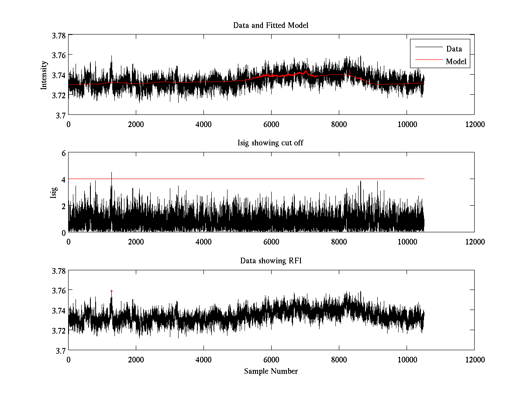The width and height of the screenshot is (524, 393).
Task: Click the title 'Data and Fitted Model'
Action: (271, 25)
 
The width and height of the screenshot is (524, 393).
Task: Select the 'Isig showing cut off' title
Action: (271, 143)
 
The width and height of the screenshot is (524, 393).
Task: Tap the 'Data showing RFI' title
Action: (271, 261)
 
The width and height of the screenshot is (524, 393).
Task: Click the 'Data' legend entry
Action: (454, 49)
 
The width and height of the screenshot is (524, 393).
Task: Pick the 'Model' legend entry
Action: (456, 62)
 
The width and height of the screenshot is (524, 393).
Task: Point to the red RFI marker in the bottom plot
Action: (111, 291)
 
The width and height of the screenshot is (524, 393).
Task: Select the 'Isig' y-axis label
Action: (54, 192)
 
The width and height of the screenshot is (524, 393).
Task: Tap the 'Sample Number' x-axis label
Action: (271, 371)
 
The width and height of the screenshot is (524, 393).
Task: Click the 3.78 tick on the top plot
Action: (58, 35)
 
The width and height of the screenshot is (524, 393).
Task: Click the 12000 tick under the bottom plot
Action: (475, 359)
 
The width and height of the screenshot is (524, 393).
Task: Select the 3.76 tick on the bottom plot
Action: (58, 290)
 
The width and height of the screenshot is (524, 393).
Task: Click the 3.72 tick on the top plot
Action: (58, 95)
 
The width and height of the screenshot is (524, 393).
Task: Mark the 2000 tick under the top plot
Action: (136, 124)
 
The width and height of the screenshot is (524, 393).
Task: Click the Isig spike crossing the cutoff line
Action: (111, 175)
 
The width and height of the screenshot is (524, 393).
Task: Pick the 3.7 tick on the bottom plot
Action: (60, 350)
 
